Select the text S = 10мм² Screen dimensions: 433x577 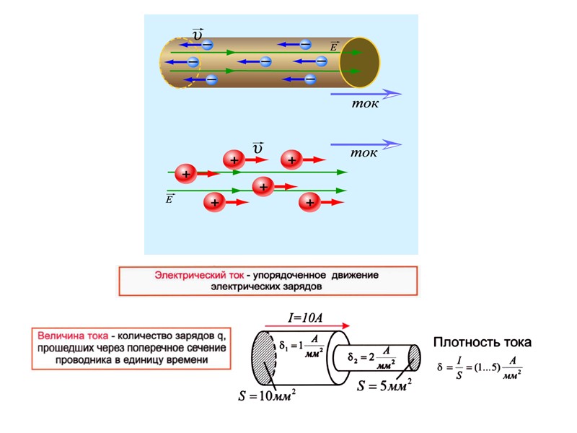pyautogui.click(x=266, y=395)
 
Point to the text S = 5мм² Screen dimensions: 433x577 pyautogui.click(x=385, y=385)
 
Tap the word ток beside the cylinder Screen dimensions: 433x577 pyautogui.click(x=365, y=103)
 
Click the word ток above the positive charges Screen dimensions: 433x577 pyautogui.click(x=364, y=154)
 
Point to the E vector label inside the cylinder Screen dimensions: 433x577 pyautogui.click(x=334, y=46)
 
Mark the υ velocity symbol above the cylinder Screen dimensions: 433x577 pyautogui.click(x=197, y=32)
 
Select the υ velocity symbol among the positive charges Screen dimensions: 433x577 pyautogui.click(x=257, y=148)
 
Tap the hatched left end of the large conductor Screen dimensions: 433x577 pyautogui.click(x=263, y=359)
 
